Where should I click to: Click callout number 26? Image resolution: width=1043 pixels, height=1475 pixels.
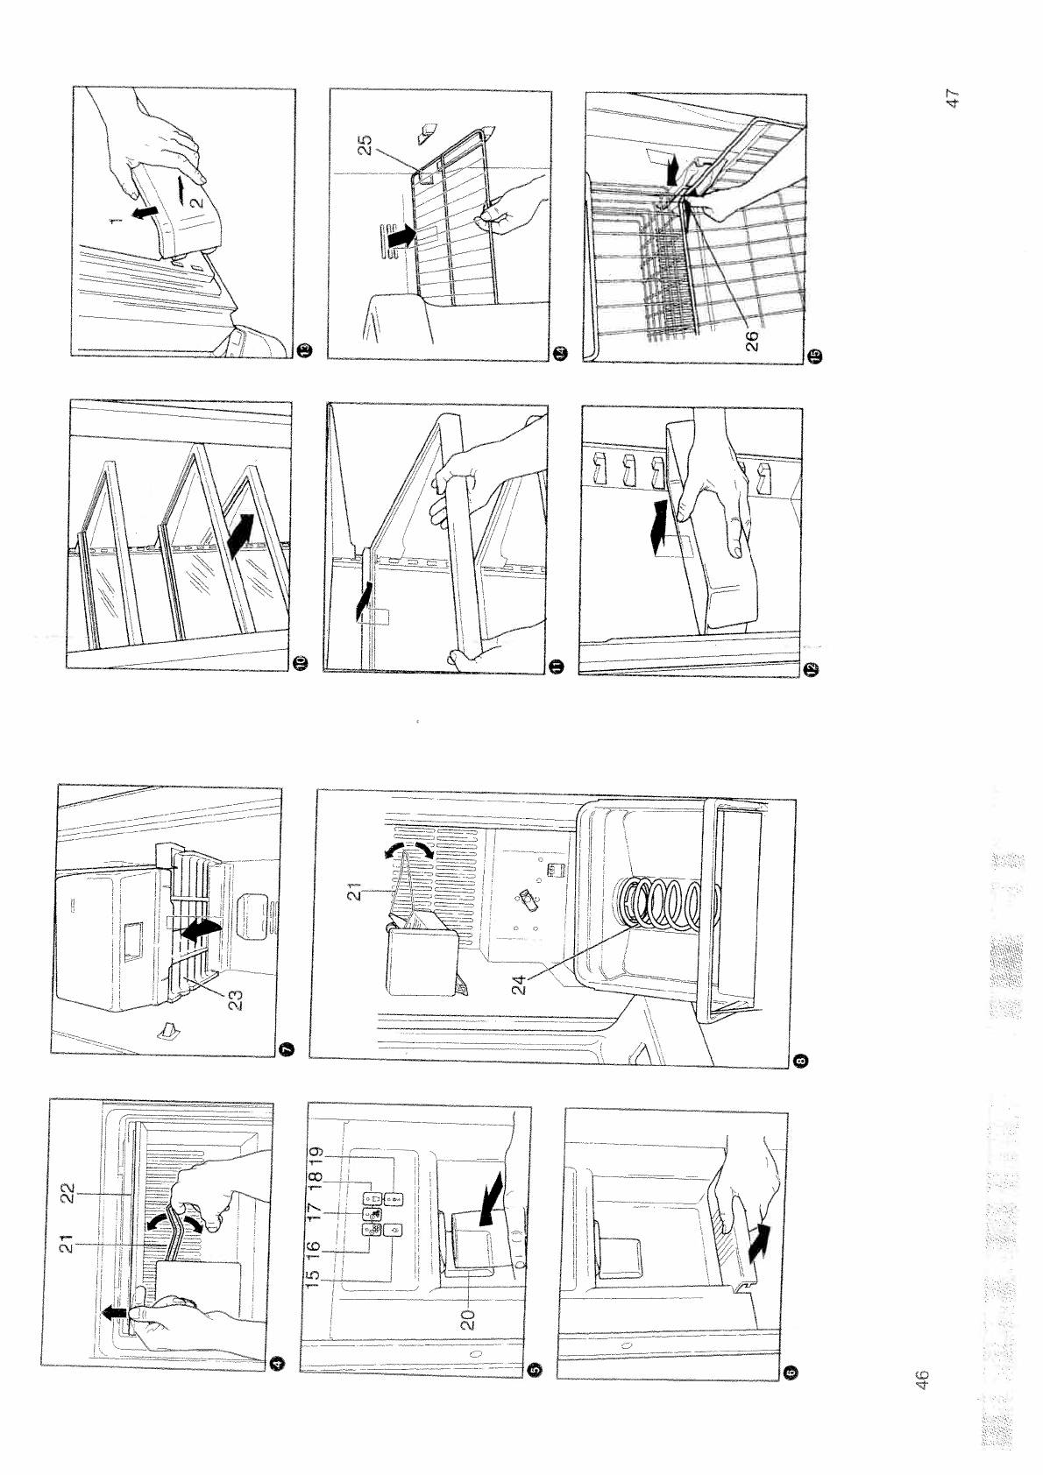pos(752,341)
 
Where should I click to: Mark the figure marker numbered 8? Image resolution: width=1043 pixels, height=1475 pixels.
pos(802,1060)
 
